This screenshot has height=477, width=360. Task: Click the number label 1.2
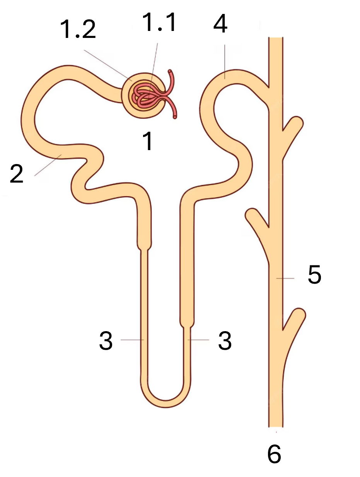tap(78, 29)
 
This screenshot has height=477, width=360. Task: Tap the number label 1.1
tap(159, 22)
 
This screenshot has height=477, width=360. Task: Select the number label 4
tap(220, 24)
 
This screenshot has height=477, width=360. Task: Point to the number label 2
tap(17, 173)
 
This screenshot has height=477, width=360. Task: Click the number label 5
tap(314, 274)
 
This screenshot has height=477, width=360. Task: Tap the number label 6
tap(274, 454)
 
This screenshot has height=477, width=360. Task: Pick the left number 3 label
tap(106, 341)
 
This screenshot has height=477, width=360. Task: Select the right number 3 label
tap(225, 341)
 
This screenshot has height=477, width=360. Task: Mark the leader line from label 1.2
tap(108, 65)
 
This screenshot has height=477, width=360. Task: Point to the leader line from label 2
tap(48, 165)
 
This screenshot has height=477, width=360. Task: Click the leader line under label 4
tap(225, 62)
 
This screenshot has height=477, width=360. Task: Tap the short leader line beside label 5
tap(285, 279)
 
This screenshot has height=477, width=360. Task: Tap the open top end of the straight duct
tap(276, 38)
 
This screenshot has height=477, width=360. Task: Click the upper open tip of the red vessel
tap(170, 71)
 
